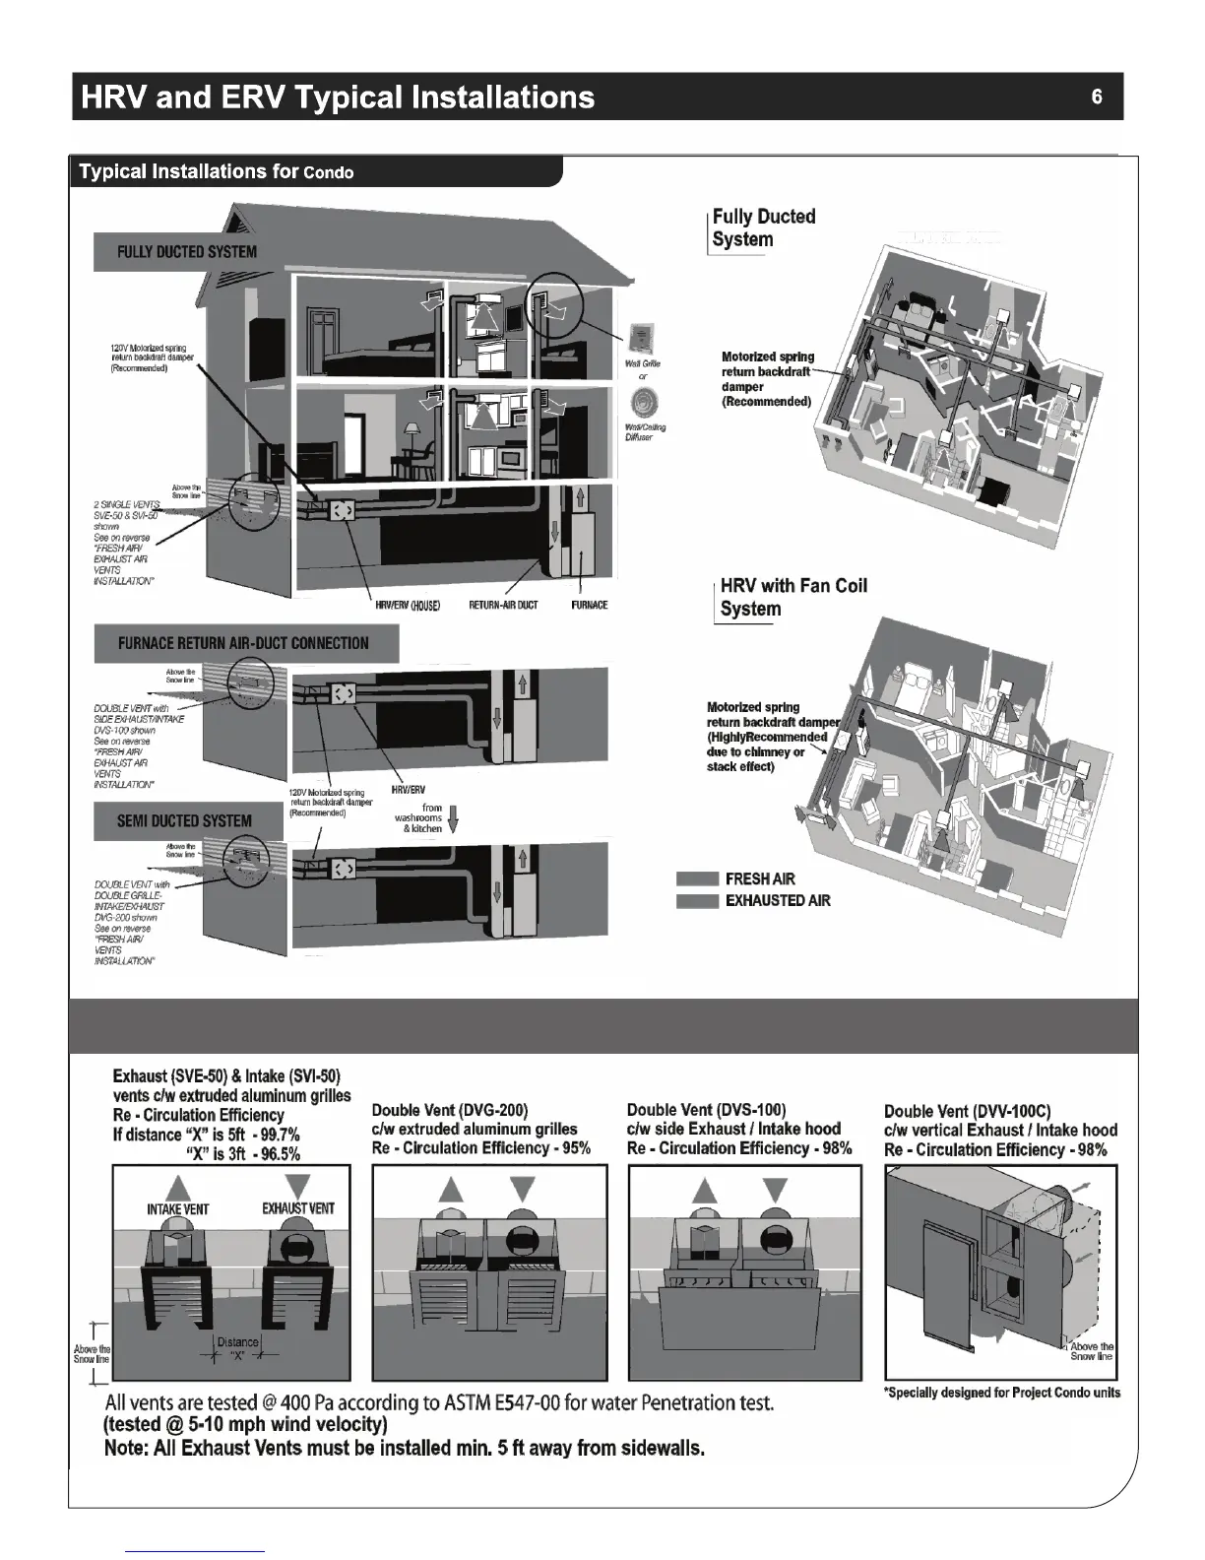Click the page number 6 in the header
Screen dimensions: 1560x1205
coord(1097,97)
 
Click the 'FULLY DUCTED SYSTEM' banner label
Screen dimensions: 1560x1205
coord(186,251)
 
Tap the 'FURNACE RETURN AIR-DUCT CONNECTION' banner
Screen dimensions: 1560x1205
coord(243,643)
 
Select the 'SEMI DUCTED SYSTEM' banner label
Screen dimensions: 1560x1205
coord(184,820)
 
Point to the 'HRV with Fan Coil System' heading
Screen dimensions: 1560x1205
coord(793,597)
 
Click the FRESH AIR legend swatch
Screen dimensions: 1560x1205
coord(697,878)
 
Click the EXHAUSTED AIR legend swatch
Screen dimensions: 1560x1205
coord(697,900)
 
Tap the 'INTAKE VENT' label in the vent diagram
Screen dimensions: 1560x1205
coord(177,1208)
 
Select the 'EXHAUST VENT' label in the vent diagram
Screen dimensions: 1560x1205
coord(298,1208)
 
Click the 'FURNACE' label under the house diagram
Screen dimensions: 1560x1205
coord(589,605)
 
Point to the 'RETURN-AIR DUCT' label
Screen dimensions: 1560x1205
coord(503,605)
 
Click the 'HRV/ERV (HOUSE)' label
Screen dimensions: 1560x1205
coord(408,605)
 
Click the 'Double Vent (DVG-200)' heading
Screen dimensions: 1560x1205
coord(450,1110)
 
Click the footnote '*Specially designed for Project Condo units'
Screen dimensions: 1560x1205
coord(1002,1393)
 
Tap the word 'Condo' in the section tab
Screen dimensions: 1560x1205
coord(329,173)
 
